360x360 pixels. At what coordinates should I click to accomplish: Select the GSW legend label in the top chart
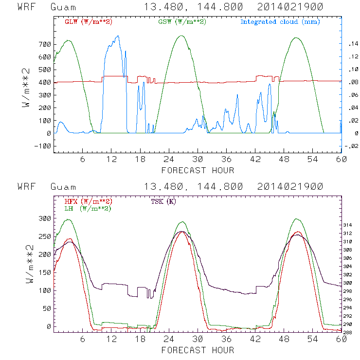point(182,22)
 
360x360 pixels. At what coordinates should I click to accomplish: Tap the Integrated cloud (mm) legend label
point(280,22)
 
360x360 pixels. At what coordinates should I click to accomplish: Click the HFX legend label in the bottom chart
point(88,201)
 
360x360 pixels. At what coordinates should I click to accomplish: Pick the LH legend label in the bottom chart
point(88,209)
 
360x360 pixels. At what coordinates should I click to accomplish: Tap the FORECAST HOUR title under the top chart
point(198,170)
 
